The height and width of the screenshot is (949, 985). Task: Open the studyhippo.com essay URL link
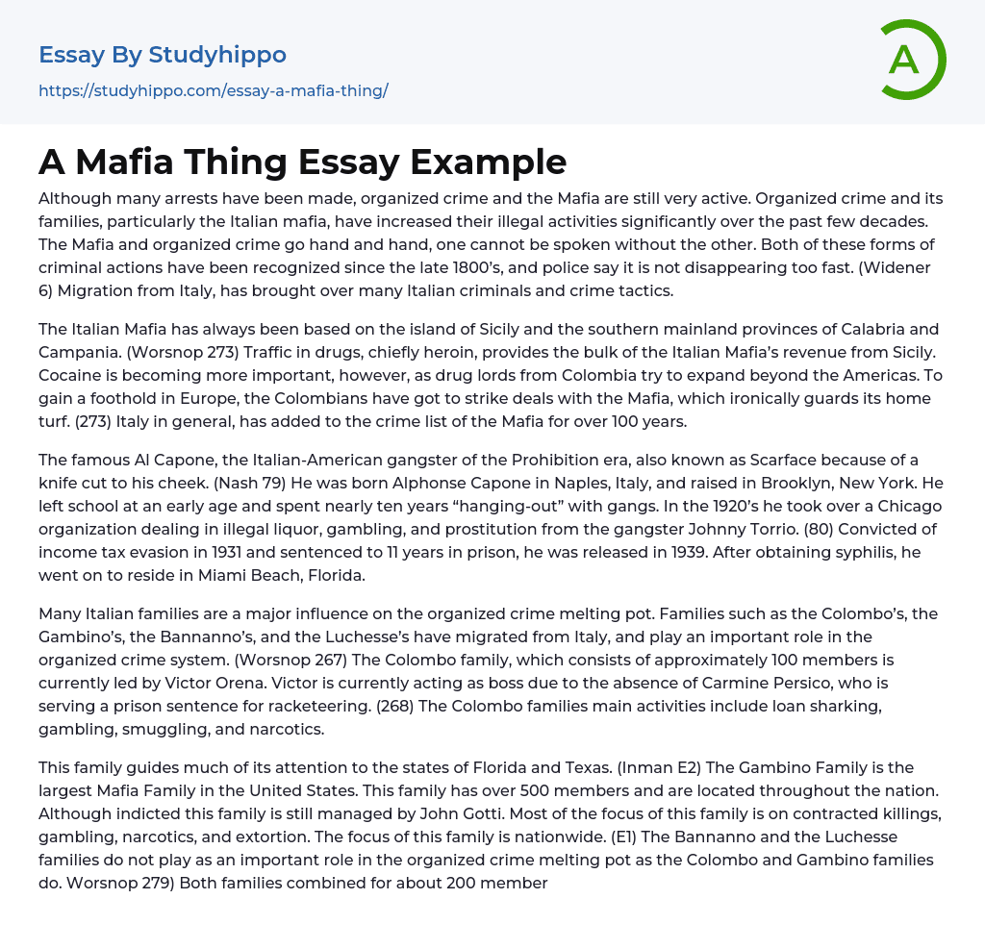pos(213,90)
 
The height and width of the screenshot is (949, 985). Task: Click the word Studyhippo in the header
pos(217,55)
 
